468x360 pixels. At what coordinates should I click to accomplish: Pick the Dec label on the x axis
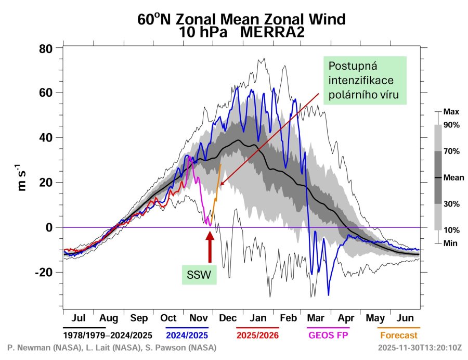tap(228, 318)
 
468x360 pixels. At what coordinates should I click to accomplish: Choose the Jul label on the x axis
tap(79, 318)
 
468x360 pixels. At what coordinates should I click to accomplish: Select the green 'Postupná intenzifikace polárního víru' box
tap(364, 81)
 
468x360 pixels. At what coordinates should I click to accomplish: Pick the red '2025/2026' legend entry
tap(258, 335)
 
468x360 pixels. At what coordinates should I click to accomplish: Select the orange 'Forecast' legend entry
tap(398, 335)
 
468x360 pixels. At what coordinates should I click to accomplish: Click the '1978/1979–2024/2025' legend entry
tap(103, 335)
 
